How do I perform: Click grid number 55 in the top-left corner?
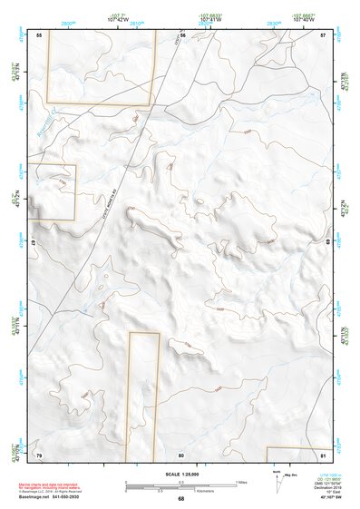pos(39,34)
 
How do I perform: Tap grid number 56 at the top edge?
pos(182,34)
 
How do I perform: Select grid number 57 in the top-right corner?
pos(324,34)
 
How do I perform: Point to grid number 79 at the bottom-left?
pos(39,454)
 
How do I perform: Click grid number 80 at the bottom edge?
pos(181,455)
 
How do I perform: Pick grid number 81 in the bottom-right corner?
pos(323,454)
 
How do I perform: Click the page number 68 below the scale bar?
pos(181,499)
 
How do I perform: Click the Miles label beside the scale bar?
pos(242,481)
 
